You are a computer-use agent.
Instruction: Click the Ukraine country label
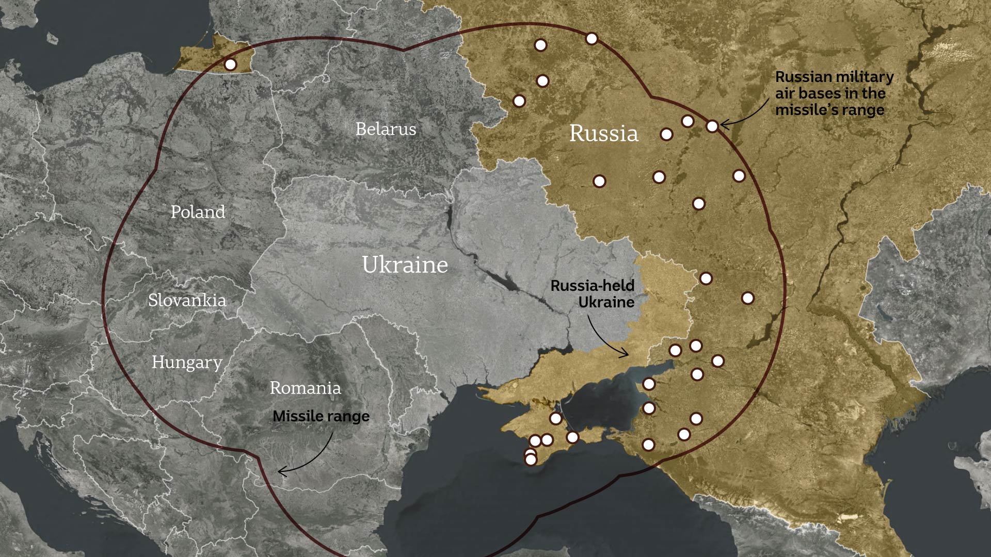405,265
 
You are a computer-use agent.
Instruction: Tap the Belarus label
386,129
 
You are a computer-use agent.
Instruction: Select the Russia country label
603,133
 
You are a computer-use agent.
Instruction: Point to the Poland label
198,211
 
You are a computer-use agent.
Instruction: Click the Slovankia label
187,300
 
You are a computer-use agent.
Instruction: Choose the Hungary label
187,362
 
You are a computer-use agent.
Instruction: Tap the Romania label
305,388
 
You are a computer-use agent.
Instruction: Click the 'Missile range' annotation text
321,416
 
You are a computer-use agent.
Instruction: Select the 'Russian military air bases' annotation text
834,93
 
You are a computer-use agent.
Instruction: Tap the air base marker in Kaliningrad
231,64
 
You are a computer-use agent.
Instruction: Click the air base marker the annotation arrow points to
712,126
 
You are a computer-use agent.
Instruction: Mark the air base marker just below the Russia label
599,181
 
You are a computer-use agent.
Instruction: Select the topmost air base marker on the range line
592,39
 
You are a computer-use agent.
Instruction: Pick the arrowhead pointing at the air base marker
724,124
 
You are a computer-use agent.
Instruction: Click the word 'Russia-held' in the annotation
592,285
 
